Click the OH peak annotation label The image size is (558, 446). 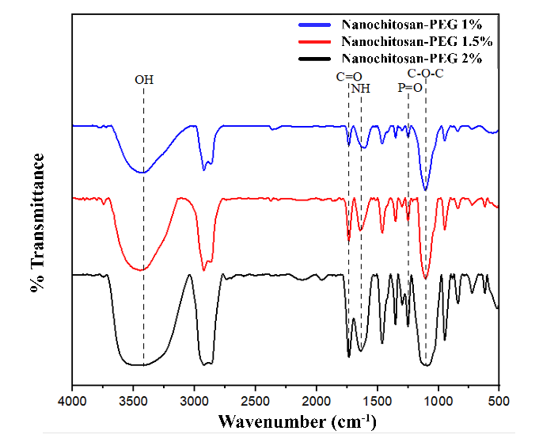click(143, 79)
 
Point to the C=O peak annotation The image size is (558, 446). click(348, 77)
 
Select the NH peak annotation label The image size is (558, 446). click(361, 89)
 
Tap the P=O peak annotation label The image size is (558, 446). click(409, 89)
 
